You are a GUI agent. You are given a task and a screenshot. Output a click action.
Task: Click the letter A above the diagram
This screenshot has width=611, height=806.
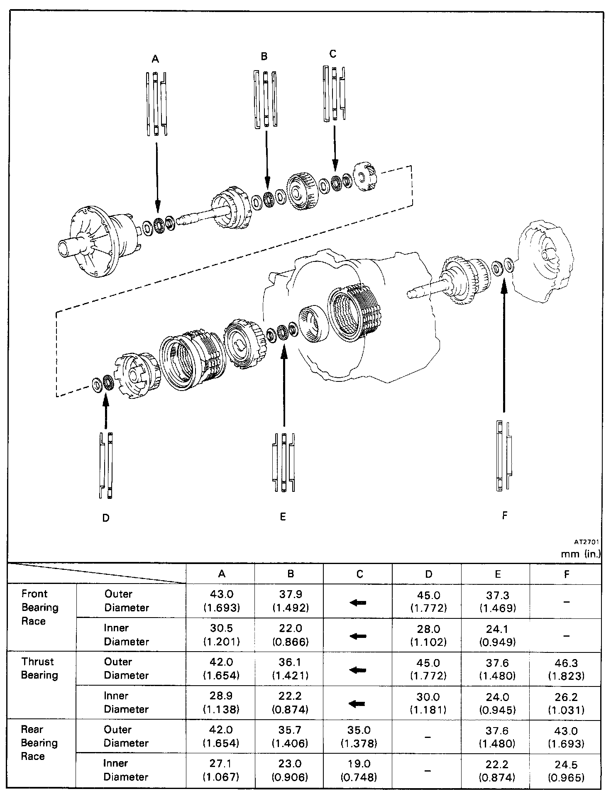155,59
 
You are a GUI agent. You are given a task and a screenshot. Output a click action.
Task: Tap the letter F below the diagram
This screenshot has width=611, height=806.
505,515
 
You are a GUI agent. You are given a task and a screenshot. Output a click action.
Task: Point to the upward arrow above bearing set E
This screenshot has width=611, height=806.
284,386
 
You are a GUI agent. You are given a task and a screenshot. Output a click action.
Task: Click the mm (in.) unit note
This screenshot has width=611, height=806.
581,554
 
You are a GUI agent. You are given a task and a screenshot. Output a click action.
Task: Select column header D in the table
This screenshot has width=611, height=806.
428,574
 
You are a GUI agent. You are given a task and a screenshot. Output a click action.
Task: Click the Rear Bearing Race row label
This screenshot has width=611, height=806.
39,742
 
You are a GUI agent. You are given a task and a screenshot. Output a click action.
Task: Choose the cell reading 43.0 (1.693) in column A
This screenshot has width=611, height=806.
221,601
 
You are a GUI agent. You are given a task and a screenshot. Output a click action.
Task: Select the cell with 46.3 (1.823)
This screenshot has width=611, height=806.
566,669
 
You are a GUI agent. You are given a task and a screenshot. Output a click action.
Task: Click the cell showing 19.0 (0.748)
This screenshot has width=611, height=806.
359,770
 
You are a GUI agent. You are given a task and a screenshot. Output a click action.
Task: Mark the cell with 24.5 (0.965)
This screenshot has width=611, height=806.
566,770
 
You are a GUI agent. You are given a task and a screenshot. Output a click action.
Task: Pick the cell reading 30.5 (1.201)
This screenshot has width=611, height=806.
221,635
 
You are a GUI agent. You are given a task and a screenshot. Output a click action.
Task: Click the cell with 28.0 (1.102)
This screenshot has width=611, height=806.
428,635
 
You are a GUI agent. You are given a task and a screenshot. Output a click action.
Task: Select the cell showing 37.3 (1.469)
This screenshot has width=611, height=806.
497,601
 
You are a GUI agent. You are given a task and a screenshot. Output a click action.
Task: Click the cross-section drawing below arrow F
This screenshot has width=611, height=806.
504,456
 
